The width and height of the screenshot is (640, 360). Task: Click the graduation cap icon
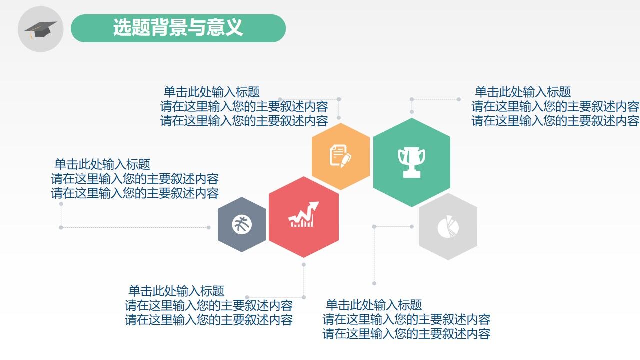point(40,28)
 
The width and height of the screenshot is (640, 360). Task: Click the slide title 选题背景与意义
point(178,28)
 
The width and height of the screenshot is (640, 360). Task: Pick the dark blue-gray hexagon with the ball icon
point(242,224)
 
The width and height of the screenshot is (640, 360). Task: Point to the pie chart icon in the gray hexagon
point(448,227)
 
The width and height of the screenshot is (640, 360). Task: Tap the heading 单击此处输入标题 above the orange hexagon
point(212,92)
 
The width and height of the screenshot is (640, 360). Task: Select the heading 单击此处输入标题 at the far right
point(522,92)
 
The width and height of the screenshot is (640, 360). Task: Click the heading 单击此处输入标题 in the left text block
point(102,164)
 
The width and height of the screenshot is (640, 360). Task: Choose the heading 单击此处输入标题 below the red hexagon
point(176,291)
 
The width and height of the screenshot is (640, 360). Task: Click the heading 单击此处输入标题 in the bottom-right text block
point(374,305)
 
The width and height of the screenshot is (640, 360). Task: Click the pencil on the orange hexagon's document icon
point(346,160)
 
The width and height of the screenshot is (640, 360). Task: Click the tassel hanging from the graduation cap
point(31,35)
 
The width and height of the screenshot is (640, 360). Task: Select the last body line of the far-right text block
point(555,121)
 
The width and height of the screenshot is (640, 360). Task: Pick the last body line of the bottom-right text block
point(406,334)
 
